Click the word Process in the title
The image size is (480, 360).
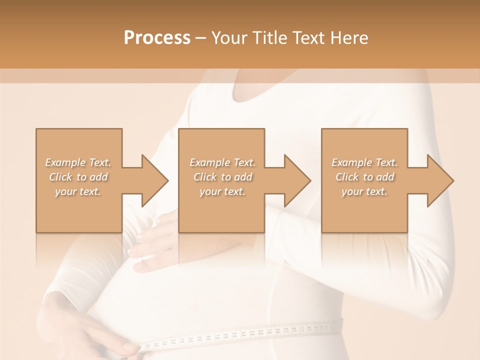[157, 38]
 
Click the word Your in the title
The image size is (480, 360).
[231, 38]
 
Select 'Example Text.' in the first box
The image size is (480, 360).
[78, 162]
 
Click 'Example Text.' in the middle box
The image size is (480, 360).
[222, 162]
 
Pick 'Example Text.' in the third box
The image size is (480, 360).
[364, 162]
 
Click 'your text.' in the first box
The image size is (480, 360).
[78, 191]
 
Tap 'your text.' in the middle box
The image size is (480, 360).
[222, 191]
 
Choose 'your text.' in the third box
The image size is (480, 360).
[364, 191]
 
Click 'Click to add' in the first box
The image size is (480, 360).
[78, 177]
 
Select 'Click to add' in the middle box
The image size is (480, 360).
[222, 177]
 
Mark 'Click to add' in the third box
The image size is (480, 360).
[364, 177]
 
